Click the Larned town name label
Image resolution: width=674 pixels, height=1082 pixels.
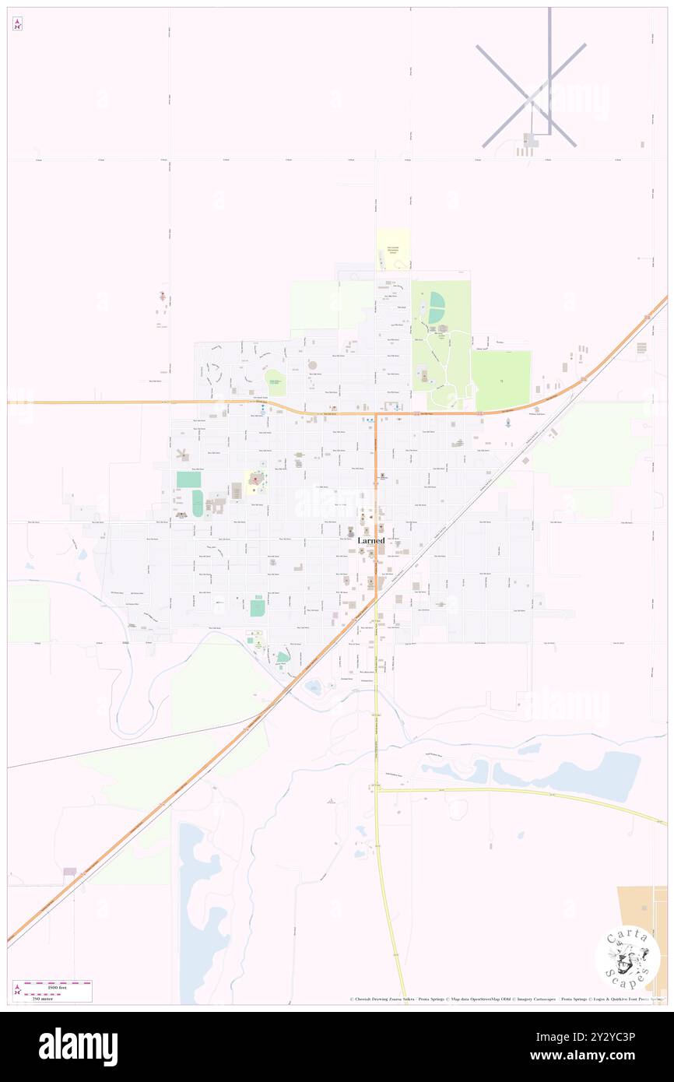coord(371,540)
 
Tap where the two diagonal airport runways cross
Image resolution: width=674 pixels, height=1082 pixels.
coord(531,95)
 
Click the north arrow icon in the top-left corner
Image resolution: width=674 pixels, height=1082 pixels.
coord(17,24)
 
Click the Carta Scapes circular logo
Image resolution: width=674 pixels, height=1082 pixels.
coord(628,958)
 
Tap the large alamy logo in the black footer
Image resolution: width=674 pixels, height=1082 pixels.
coord(79,1047)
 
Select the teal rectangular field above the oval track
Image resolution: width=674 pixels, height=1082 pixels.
coord(188,480)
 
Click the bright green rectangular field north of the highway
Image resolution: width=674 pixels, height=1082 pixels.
coord(501,380)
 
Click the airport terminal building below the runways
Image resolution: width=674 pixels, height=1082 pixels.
coord(530,141)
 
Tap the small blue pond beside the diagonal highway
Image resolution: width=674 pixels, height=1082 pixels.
coord(314,687)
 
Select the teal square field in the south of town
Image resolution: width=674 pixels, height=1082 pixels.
coord(257,607)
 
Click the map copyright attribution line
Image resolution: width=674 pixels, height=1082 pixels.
coord(506,999)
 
